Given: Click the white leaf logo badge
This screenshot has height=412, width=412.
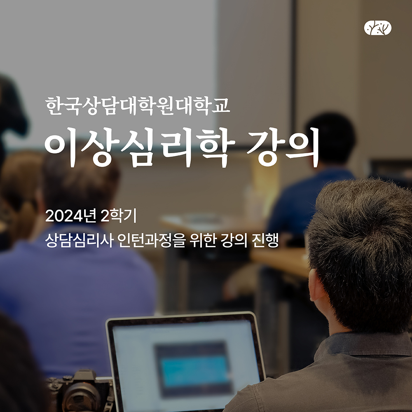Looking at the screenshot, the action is coord(377,28).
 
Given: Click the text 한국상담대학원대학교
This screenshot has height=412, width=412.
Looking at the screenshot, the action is coord(138,106).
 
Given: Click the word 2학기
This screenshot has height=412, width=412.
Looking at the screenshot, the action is coord(119,216).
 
